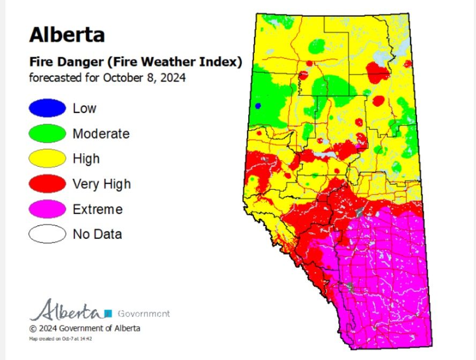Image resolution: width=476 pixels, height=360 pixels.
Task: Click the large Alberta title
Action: tap(66, 35)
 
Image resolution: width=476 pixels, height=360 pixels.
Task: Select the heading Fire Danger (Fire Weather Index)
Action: tap(135, 62)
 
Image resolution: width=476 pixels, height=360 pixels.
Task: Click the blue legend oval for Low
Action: tap(47, 108)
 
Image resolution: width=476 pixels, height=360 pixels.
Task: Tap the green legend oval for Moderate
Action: tap(47, 133)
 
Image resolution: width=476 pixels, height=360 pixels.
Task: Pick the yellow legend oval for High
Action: tap(47, 159)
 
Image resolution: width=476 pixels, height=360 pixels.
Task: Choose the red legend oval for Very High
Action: tap(47, 184)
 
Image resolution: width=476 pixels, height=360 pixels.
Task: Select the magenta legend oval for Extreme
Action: tap(47, 209)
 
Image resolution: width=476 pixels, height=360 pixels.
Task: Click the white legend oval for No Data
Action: tap(47, 234)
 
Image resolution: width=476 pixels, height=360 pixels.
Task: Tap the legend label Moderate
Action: tap(101, 133)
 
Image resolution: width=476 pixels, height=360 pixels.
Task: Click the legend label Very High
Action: tap(101, 184)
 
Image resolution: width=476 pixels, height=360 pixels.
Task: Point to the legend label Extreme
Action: tap(98, 209)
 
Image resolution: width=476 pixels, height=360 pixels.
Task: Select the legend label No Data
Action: tap(97, 234)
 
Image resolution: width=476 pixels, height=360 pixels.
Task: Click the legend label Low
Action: tap(85, 108)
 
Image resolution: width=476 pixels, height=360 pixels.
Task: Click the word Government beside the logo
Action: tap(143, 313)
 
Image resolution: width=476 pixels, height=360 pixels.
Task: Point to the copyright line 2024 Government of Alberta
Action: tap(85, 328)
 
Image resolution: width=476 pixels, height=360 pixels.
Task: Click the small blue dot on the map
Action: tap(258, 106)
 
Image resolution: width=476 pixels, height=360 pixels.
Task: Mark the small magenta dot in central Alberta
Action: tap(358, 145)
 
